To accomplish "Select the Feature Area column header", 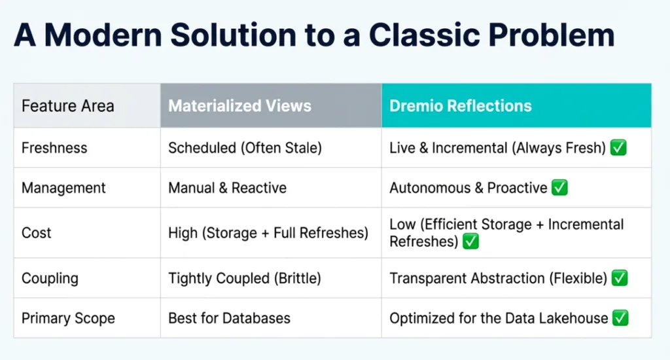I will click(67, 105).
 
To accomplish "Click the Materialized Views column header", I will click(239, 105).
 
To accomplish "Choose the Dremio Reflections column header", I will click(461, 105).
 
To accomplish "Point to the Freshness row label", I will click(54, 148).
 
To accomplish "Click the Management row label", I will click(63, 188).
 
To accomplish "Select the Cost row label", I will click(36, 233).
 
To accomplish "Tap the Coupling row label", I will click(50, 278).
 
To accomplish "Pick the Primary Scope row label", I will click(68, 319).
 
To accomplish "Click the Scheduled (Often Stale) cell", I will click(245, 148).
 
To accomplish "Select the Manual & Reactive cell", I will click(227, 188).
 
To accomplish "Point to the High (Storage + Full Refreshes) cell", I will click(268, 233).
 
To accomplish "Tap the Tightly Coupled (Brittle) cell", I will click(244, 278).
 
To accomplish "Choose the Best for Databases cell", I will click(229, 319).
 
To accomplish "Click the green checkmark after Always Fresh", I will click(618, 148).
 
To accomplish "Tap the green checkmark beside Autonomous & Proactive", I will click(559, 188).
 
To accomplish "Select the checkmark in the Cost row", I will click(470, 242).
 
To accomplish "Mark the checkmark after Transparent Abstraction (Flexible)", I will click(619, 278).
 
